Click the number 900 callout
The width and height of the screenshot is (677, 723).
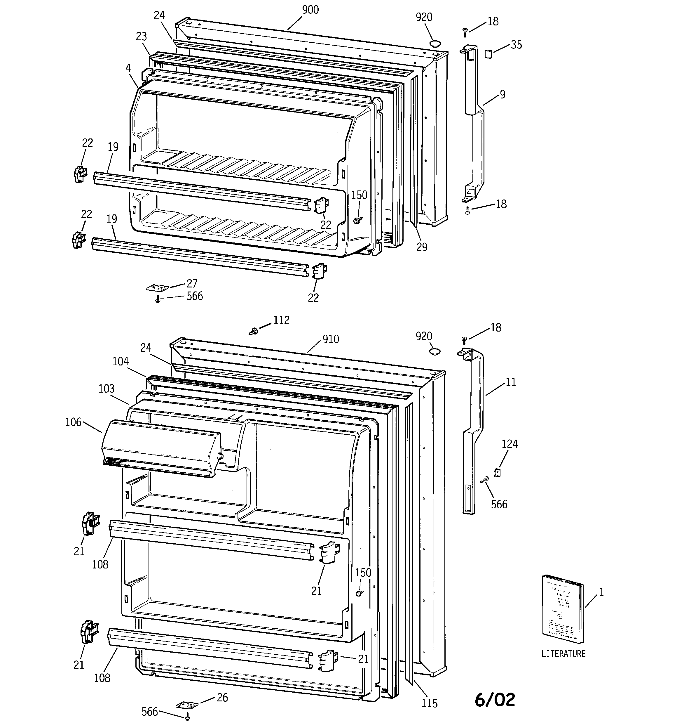point(310,10)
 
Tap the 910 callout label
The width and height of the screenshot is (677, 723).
point(331,339)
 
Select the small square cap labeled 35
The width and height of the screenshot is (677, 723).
point(488,53)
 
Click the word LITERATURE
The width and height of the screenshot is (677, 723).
point(563,654)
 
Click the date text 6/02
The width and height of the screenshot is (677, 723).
point(495,700)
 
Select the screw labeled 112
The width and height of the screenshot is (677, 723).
point(254,331)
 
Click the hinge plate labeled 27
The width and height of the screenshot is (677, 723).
point(158,288)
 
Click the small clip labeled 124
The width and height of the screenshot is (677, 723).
point(498,472)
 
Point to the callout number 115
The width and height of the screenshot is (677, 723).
point(430,703)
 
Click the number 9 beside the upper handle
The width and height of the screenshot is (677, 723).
point(502,95)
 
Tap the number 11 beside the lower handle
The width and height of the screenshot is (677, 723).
point(511,382)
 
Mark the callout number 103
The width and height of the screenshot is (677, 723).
point(107,389)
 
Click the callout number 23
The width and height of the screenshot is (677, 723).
point(141,37)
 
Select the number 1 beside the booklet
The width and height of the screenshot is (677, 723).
point(601,592)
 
